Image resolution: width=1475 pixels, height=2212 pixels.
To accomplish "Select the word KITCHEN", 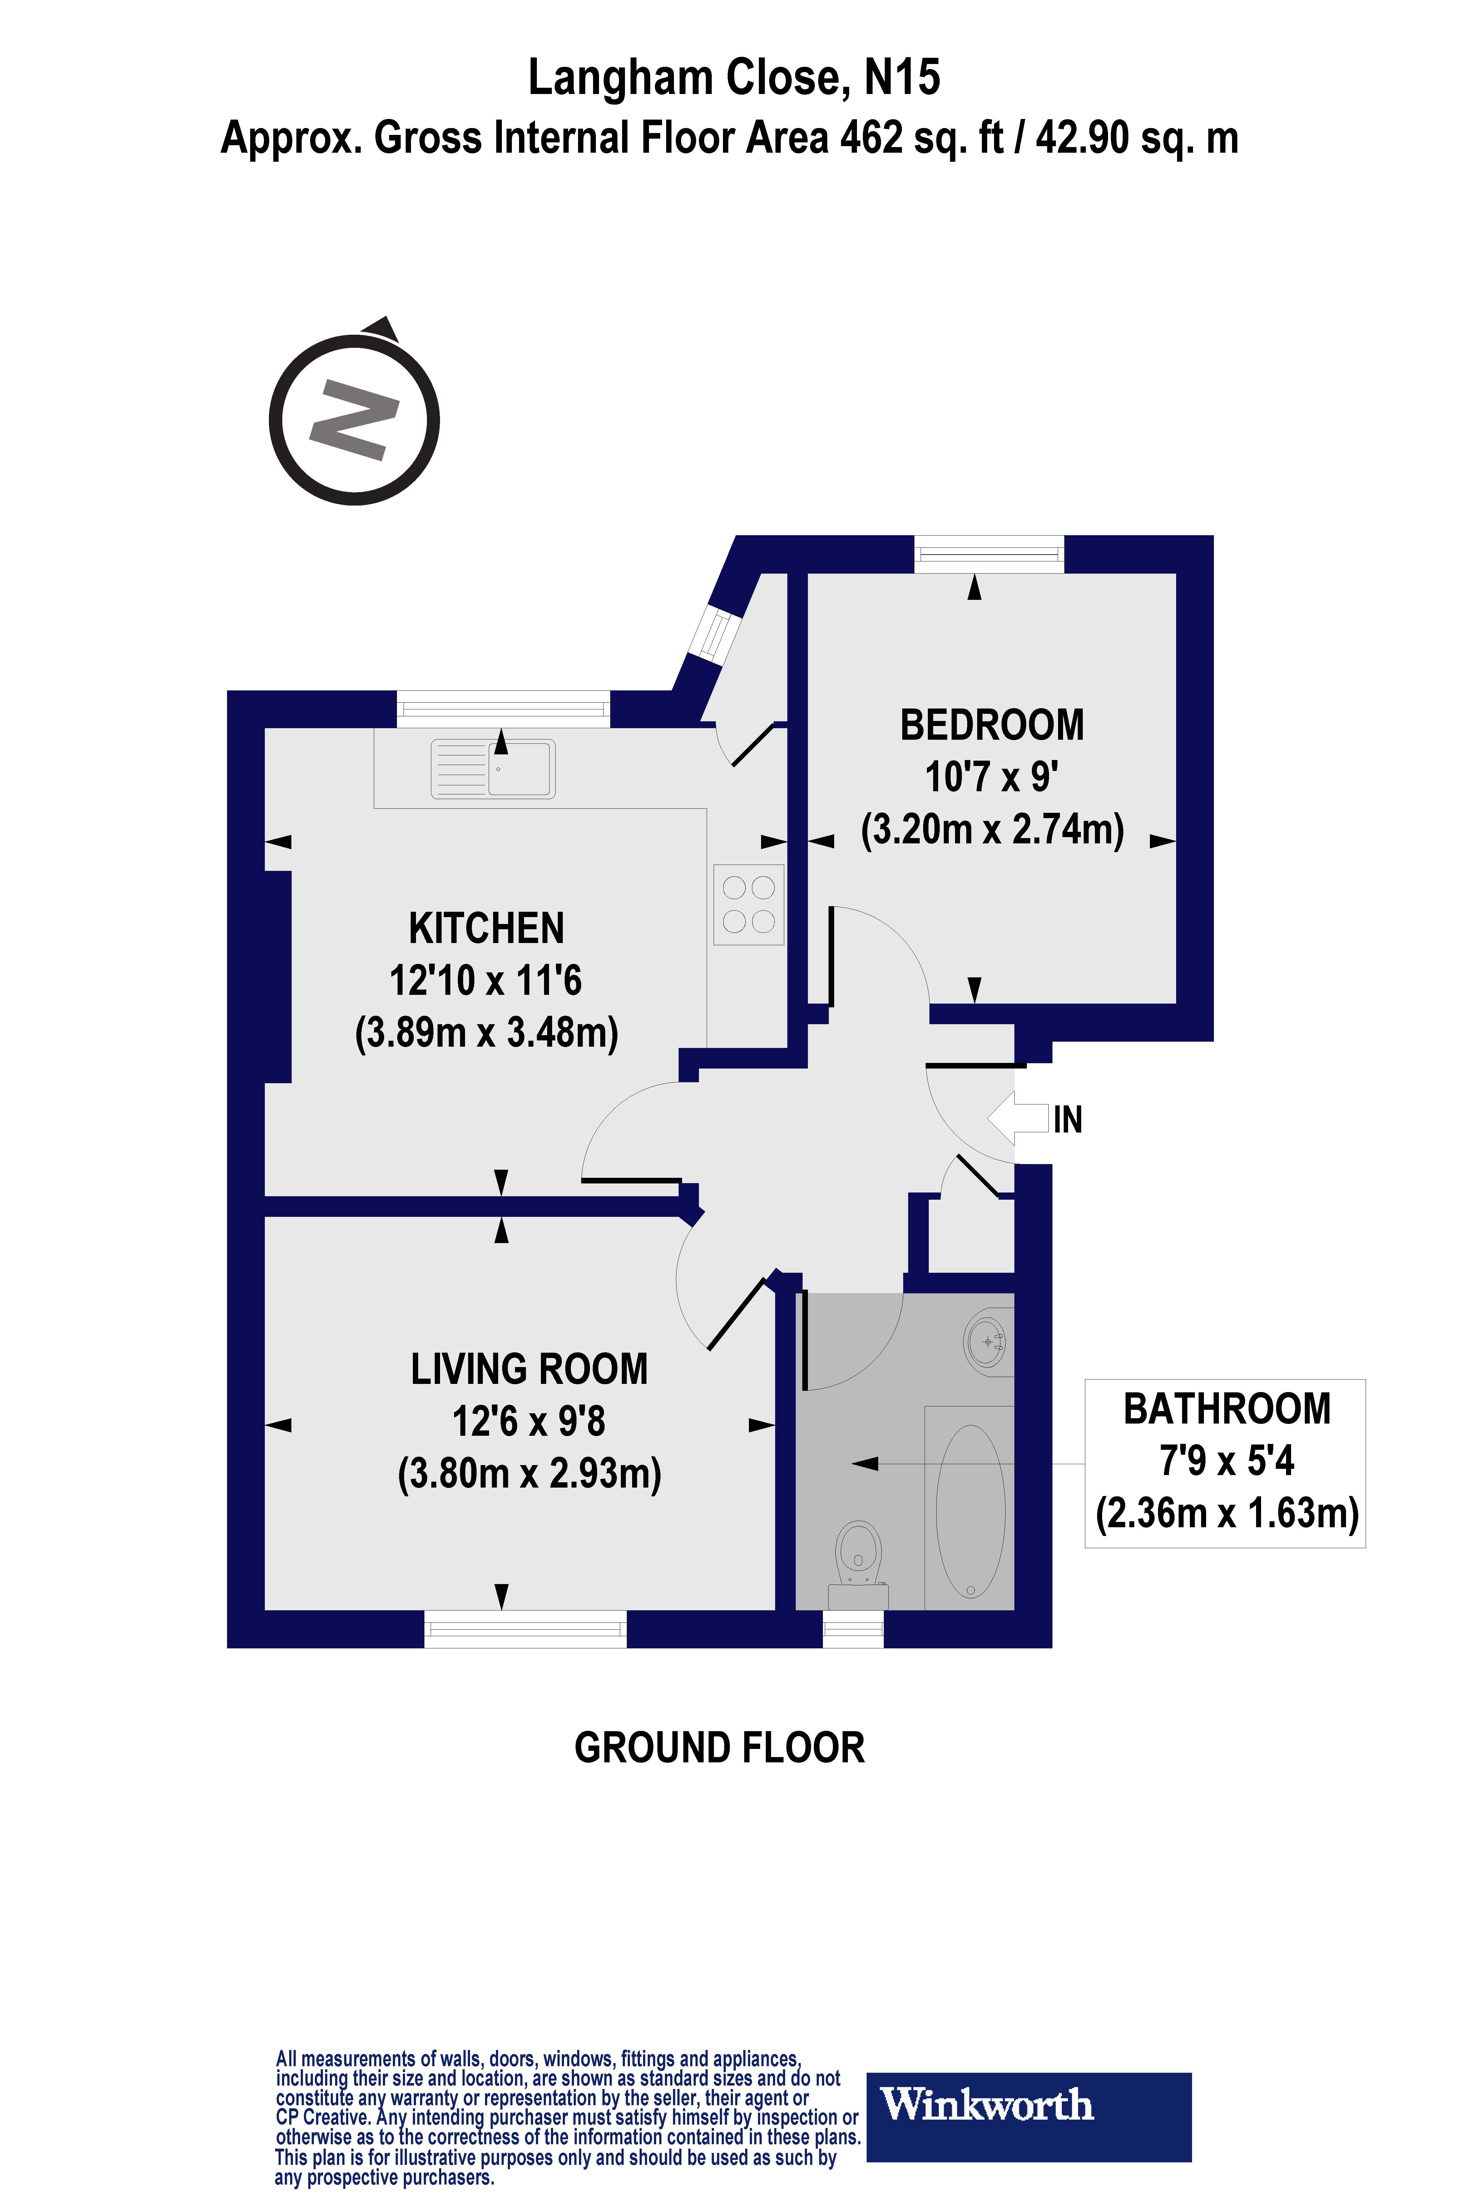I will click(x=486, y=928).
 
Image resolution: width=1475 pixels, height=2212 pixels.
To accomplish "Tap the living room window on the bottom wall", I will click(x=525, y=1629).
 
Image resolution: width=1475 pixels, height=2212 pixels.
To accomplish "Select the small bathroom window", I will click(x=853, y=1629).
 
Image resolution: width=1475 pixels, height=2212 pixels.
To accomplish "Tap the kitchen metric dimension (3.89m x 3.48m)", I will click(x=486, y=1033).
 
